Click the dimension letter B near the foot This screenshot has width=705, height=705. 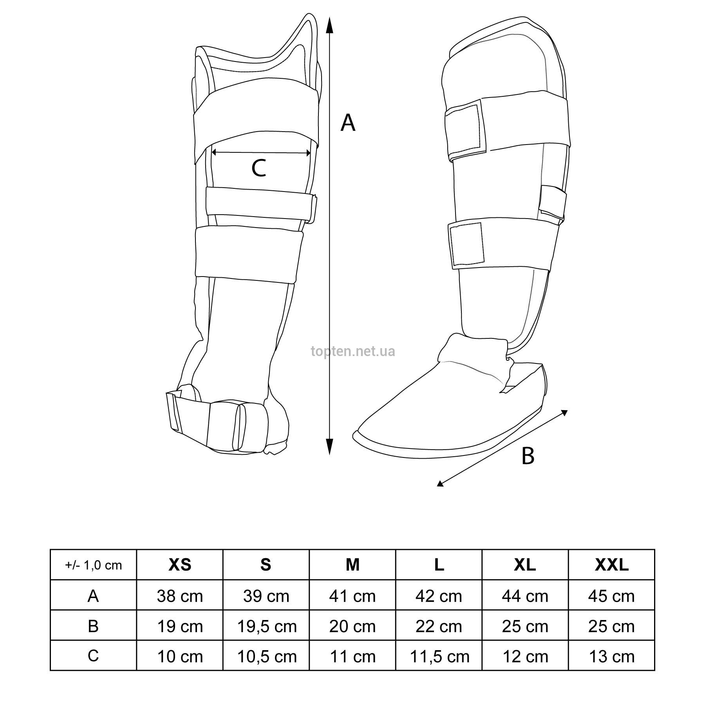528,456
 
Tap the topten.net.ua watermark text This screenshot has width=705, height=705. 353,351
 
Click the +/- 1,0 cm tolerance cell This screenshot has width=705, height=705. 93,565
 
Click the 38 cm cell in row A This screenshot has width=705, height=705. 180,596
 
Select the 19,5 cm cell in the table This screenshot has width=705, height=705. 267,626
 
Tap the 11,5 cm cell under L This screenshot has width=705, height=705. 439,656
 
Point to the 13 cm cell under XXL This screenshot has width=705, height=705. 612,656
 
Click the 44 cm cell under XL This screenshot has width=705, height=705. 525,596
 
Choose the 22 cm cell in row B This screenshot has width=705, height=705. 439,626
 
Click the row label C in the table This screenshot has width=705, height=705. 93,656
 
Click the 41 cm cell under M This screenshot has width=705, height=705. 352,596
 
